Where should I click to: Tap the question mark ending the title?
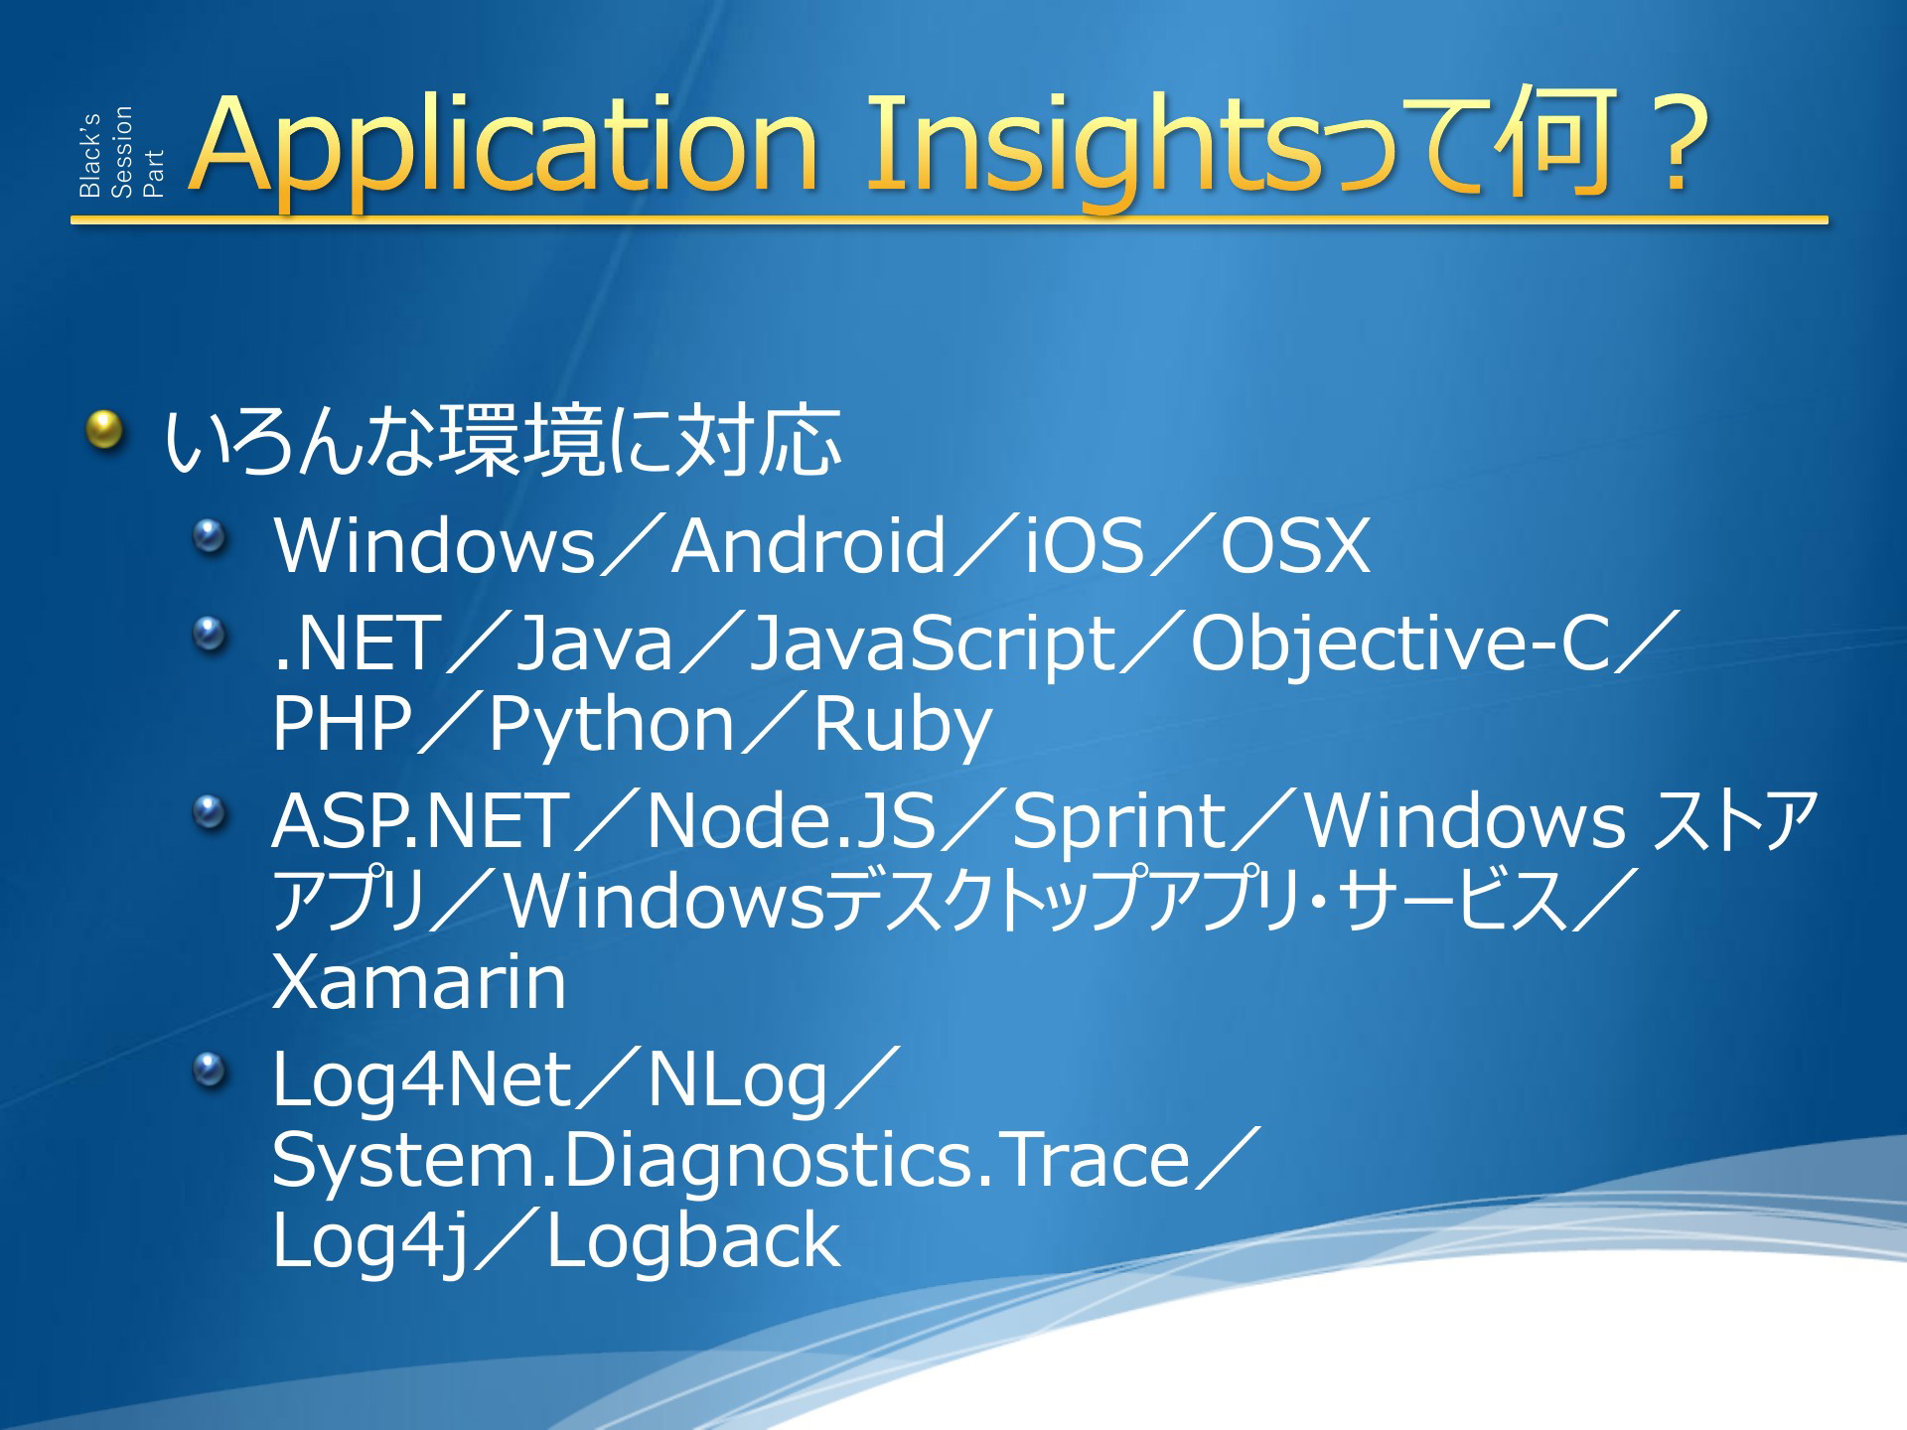pos(1678,143)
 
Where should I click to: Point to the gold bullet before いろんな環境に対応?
pos(104,431)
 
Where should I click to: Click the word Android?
pos(808,545)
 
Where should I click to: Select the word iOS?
pos(1085,545)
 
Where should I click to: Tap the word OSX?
pos(1295,545)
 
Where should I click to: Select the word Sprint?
pos(1119,823)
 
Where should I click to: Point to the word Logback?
pos(693,1240)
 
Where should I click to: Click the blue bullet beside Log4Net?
pos(210,1071)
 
